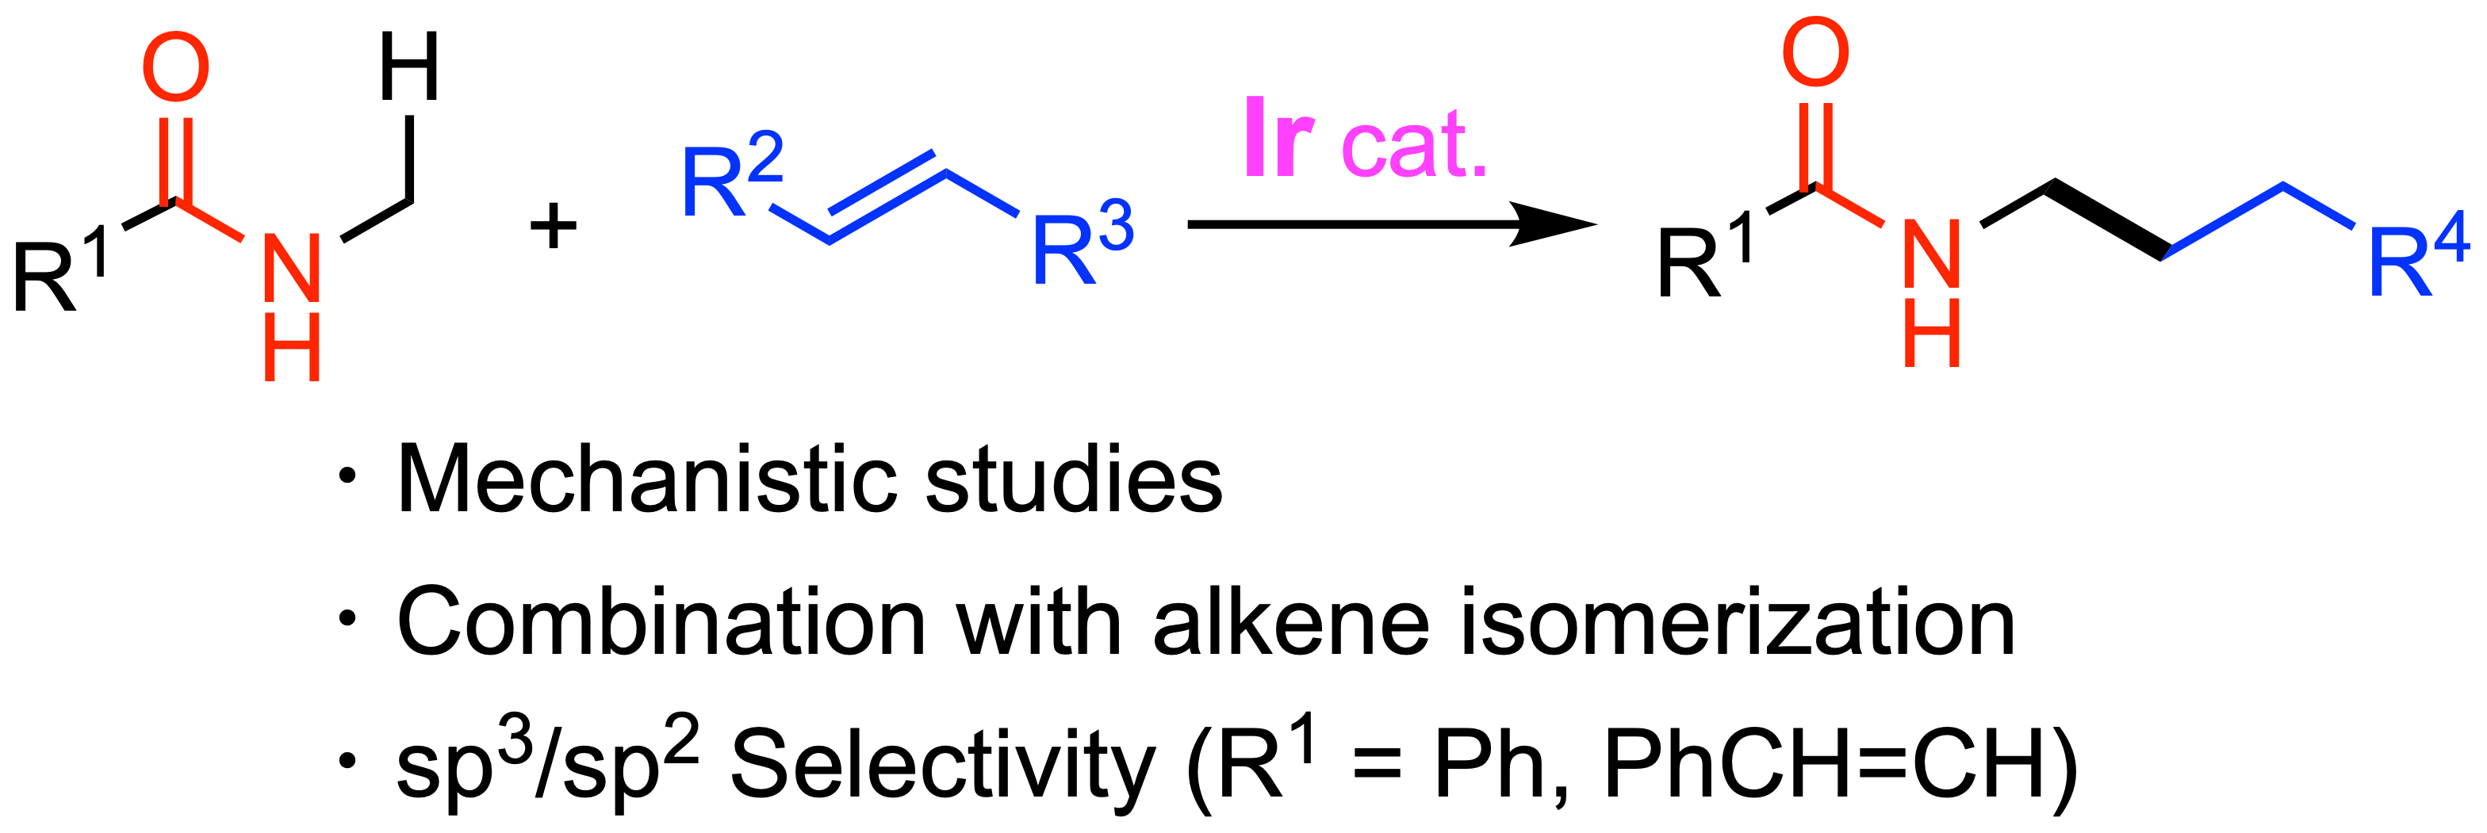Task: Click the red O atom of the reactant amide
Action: coord(176,67)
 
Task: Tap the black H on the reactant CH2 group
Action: coord(409,67)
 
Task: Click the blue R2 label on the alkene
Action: coord(732,174)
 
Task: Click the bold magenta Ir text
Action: coord(1278,138)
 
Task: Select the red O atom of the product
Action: coord(1815,52)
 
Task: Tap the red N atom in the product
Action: coord(1931,254)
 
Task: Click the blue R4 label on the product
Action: coord(2420,257)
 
